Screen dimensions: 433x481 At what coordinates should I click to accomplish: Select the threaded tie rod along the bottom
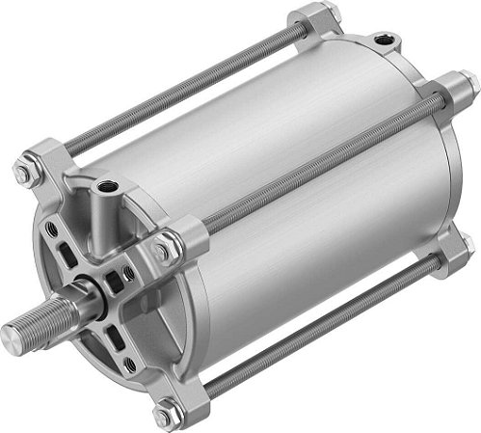(x=308, y=338)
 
